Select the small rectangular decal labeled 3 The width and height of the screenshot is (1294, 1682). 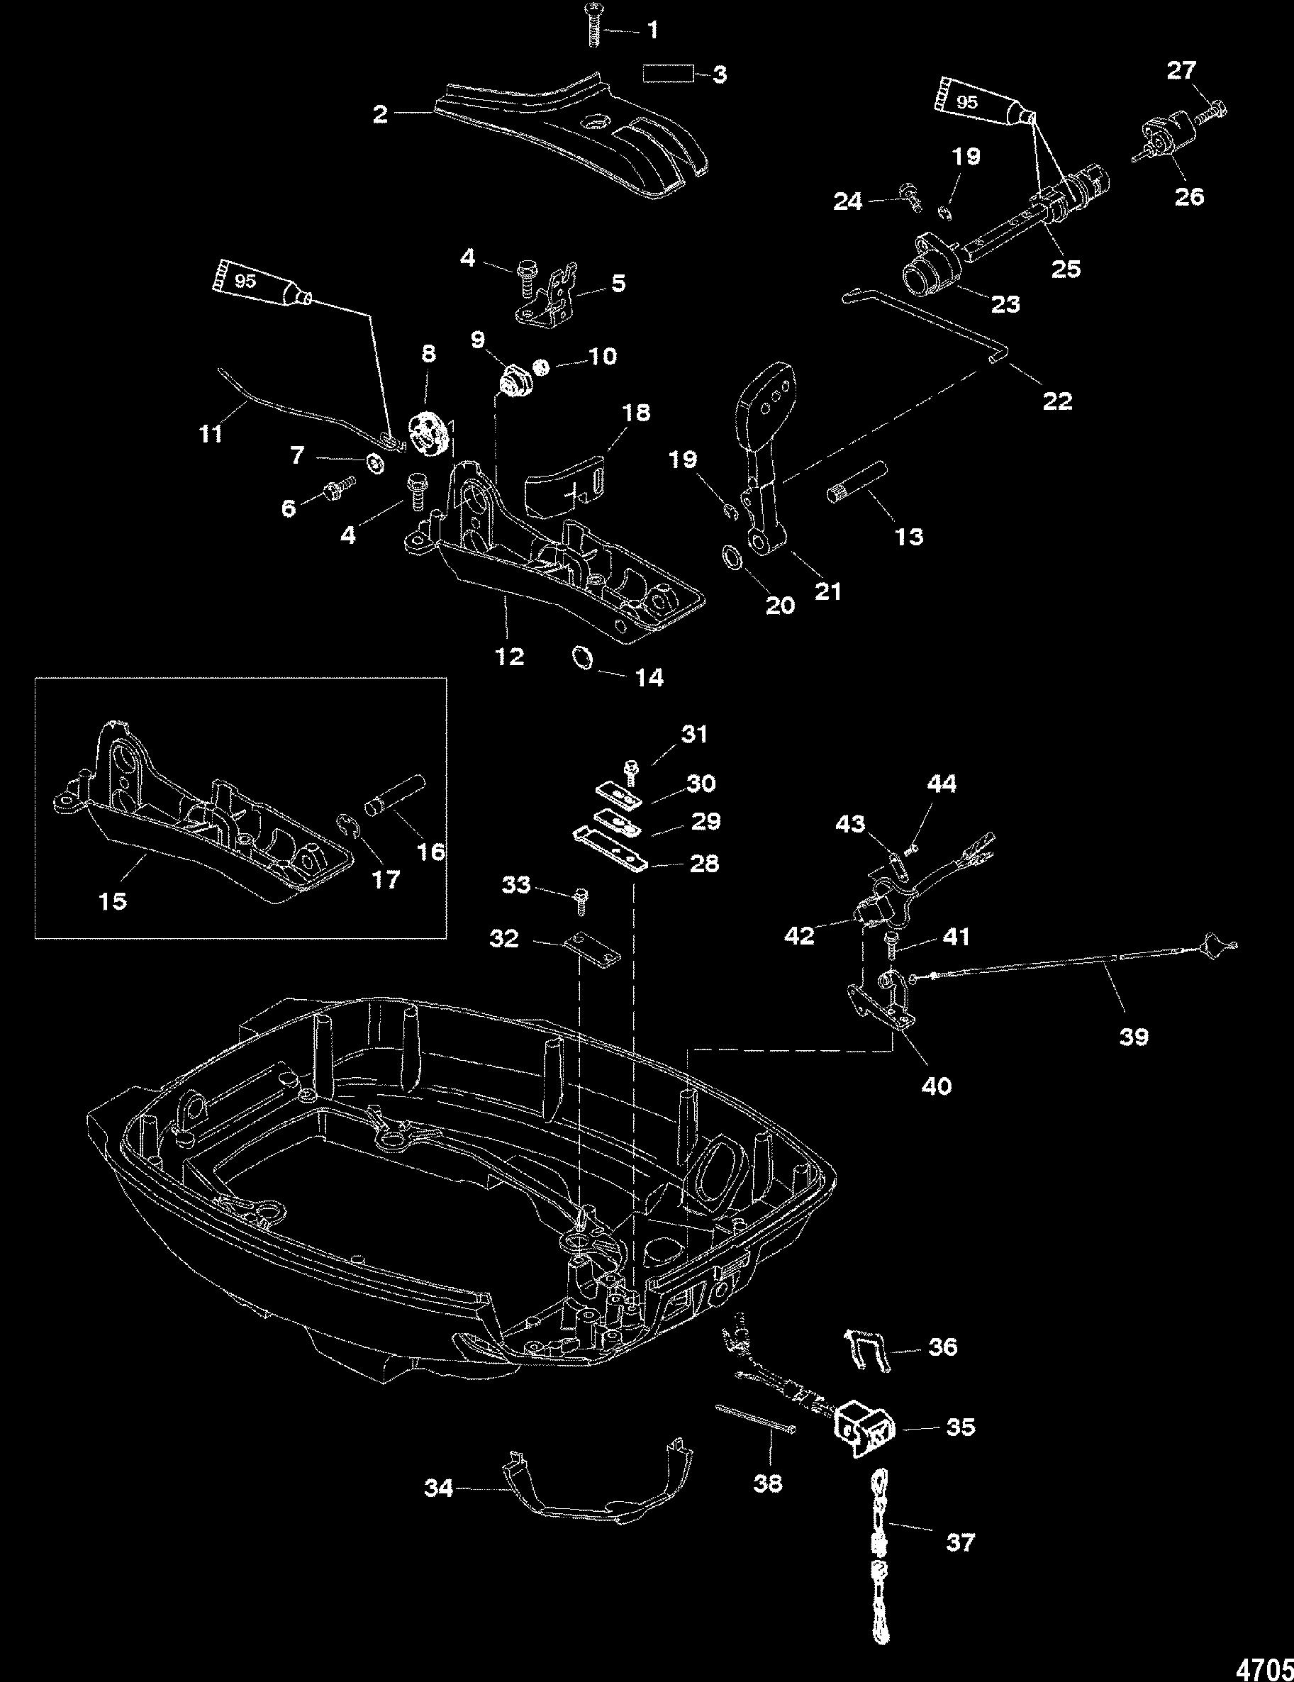tap(668, 74)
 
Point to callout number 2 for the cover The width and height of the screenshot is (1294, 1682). tap(380, 115)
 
